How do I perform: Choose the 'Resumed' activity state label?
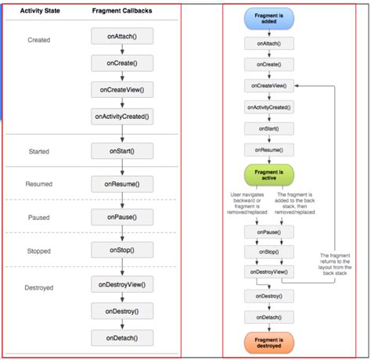click(40, 184)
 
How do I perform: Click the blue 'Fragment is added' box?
click(269, 20)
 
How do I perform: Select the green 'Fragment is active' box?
click(269, 175)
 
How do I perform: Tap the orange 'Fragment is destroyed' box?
click(269, 342)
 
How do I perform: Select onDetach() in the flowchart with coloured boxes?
click(269, 317)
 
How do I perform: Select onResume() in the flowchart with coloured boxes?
click(269, 148)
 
